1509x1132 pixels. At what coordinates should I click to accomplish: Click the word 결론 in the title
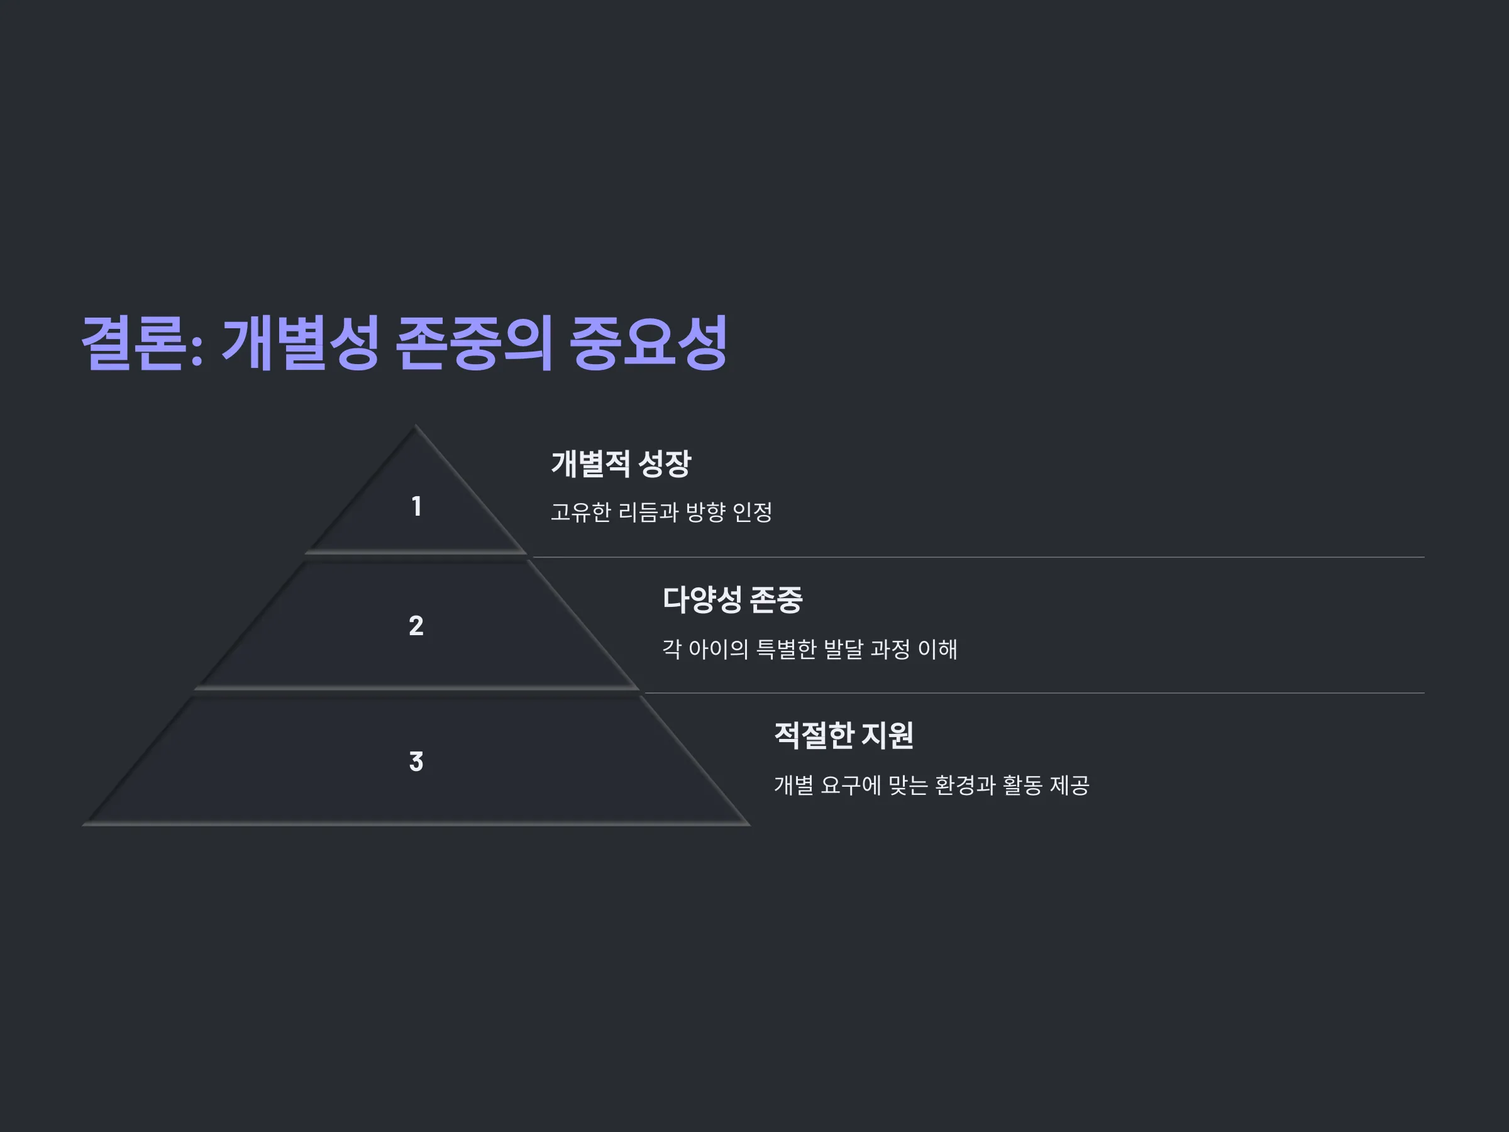pyautogui.click(x=135, y=343)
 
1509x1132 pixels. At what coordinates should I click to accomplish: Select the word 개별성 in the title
pyautogui.click(x=301, y=343)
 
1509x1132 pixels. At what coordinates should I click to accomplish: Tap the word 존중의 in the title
pyautogui.click(x=474, y=343)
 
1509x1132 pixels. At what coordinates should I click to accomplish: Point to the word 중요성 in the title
pyautogui.click(x=648, y=343)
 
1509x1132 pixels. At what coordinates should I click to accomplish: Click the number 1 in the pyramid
pyautogui.click(x=416, y=506)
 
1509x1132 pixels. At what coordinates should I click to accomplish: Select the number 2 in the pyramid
pyautogui.click(x=416, y=626)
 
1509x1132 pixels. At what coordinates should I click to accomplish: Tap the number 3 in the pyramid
pyautogui.click(x=416, y=762)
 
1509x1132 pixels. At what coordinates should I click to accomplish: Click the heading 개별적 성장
pyautogui.click(x=621, y=464)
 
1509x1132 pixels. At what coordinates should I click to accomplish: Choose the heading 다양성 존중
pyautogui.click(x=732, y=600)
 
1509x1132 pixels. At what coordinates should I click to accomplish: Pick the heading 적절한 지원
pyautogui.click(x=844, y=736)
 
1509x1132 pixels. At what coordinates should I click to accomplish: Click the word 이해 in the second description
pyautogui.click(x=937, y=649)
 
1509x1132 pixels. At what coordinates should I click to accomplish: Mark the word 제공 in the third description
pyautogui.click(x=1069, y=785)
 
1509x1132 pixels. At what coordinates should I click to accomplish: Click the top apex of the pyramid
pyautogui.click(x=416, y=426)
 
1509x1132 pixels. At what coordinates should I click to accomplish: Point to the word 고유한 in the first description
pyautogui.click(x=580, y=513)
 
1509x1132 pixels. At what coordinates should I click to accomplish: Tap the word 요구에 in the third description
pyautogui.click(x=851, y=785)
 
